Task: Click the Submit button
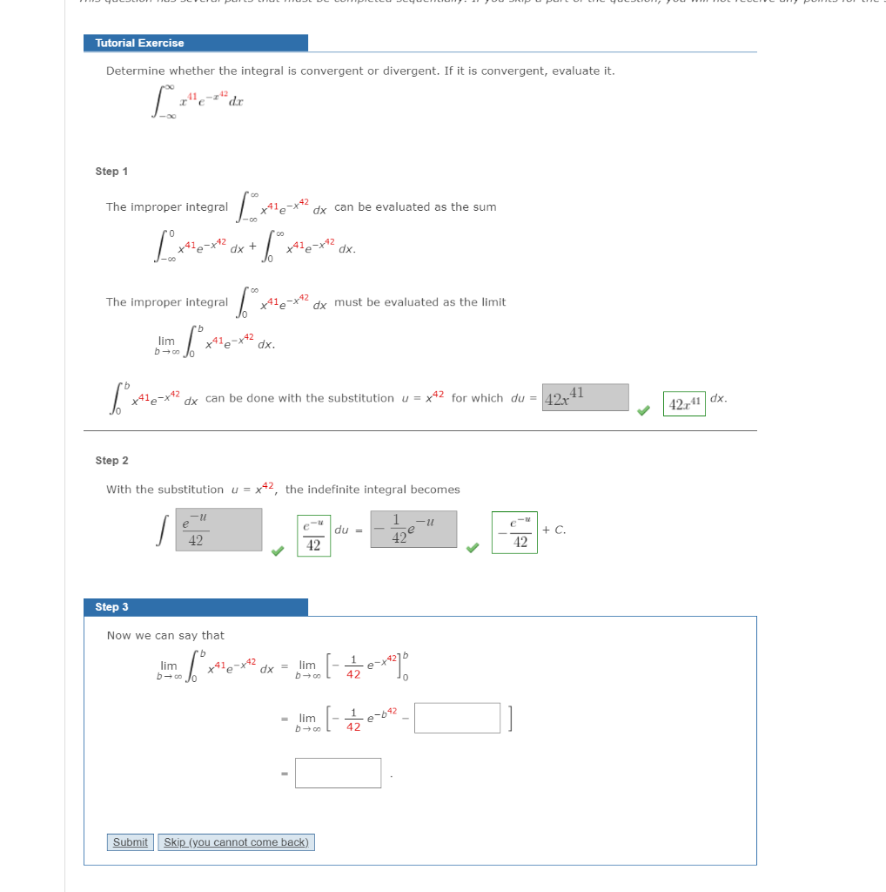pos(131,842)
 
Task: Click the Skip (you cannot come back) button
pos(236,842)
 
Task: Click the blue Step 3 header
pos(196,607)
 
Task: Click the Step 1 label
pos(111,172)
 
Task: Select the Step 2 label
pos(111,460)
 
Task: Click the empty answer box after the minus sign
pos(457,718)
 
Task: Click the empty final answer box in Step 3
pos(338,773)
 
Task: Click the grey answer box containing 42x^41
pos(585,397)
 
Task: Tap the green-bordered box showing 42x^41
pos(684,403)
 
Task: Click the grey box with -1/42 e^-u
pos(413,530)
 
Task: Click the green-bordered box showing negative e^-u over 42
pos(514,531)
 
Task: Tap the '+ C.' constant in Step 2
pos(554,530)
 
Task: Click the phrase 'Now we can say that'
pos(165,636)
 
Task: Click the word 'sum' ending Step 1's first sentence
pos(485,207)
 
